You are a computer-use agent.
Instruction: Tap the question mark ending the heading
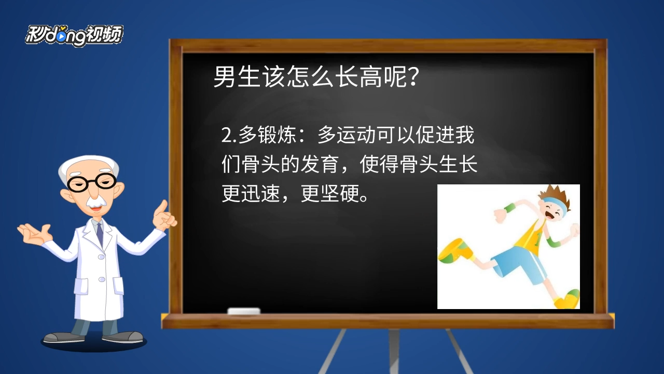point(413,76)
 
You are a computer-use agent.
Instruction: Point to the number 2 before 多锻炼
point(226,136)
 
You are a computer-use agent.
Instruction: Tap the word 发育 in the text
point(319,164)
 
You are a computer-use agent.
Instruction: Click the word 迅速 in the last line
point(260,194)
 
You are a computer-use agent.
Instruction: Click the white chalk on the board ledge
point(244,311)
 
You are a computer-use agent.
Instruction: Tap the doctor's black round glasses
point(92,182)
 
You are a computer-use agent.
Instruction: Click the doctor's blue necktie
point(100,234)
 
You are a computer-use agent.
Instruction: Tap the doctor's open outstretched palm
point(34,234)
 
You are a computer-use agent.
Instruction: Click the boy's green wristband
point(509,208)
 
